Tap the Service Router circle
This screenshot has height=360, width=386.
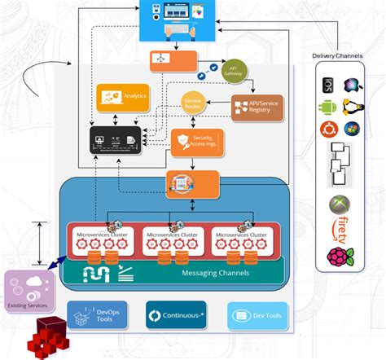193,104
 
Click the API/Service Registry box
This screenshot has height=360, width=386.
257,107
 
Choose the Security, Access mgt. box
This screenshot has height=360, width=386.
196,143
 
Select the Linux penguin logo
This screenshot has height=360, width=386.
351,107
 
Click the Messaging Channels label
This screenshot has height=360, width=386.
215,272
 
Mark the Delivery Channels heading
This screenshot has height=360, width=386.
339,55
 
